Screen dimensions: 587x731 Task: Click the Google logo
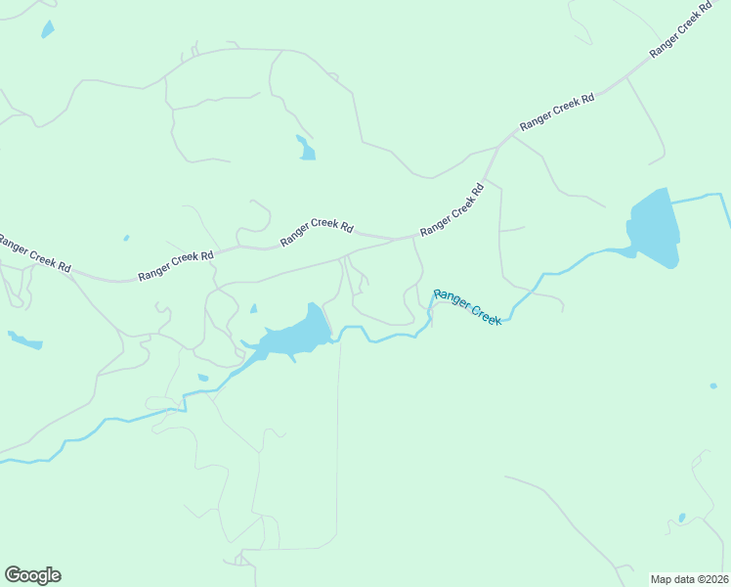click(x=32, y=575)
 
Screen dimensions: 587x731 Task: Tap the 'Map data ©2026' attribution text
click(x=689, y=578)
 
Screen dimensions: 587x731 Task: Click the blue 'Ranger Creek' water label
click(x=467, y=306)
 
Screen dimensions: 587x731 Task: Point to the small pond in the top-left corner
click(x=47, y=28)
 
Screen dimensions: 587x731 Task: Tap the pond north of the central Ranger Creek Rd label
click(x=306, y=149)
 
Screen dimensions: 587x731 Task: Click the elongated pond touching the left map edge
click(x=25, y=341)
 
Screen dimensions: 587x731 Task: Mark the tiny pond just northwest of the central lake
click(x=254, y=309)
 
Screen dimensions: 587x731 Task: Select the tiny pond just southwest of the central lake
click(x=203, y=378)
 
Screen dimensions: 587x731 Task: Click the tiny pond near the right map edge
click(x=713, y=385)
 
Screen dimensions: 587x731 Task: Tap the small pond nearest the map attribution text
click(x=682, y=518)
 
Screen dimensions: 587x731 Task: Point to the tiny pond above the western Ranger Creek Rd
click(x=126, y=238)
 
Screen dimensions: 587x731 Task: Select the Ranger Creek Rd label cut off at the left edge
click(x=34, y=253)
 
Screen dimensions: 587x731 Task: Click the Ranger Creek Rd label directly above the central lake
click(x=317, y=232)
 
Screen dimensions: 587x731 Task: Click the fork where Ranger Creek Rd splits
click(x=497, y=148)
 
